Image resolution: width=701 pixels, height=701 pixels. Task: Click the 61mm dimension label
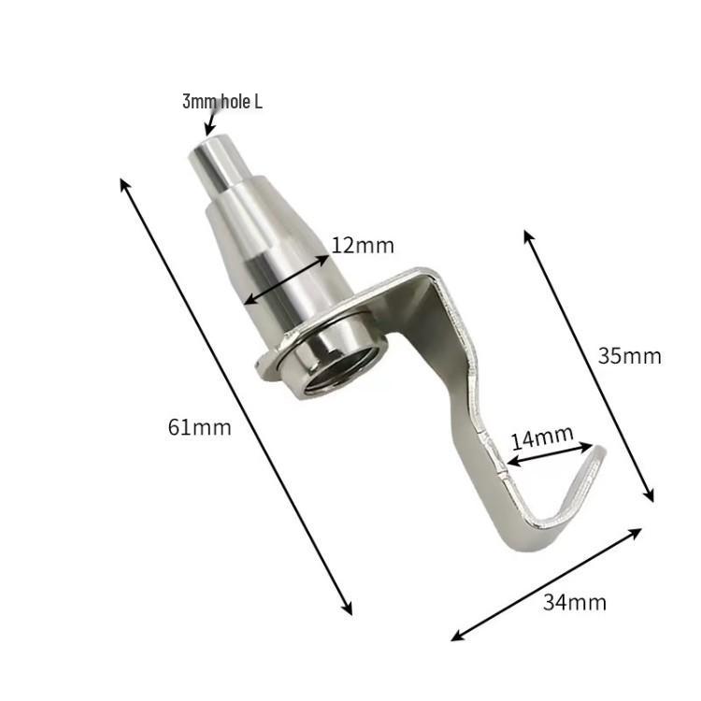[x=199, y=427]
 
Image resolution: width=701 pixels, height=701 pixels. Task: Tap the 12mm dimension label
[x=363, y=246]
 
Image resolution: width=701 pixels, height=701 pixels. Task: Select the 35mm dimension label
[x=629, y=356]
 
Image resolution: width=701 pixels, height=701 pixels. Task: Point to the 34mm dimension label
[x=575, y=603]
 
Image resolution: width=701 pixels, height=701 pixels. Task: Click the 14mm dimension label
[x=542, y=437]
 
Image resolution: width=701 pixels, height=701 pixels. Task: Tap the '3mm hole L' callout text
[x=222, y=102]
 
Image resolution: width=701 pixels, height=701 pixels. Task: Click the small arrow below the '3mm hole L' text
[x=209, y=122]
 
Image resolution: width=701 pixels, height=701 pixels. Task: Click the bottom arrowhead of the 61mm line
[x=348, y=608]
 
